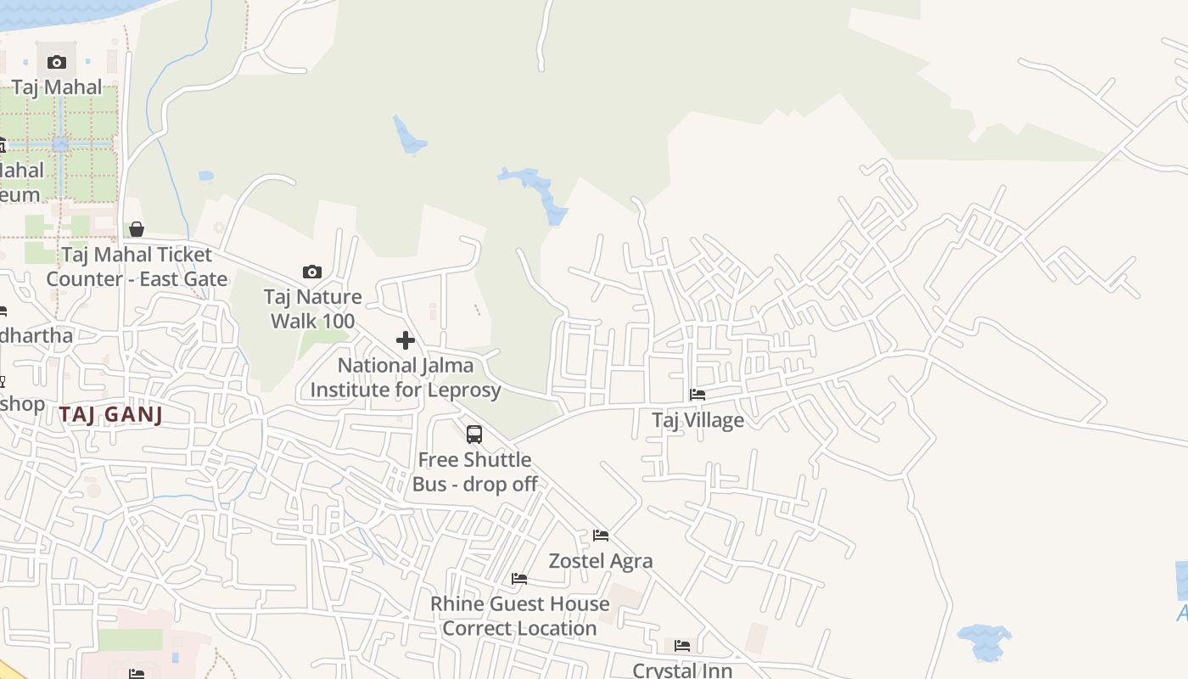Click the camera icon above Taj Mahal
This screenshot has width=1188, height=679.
(x=57, y=62)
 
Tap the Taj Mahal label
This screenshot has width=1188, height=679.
(x=57, y=87)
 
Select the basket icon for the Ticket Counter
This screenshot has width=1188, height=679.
(x=137, y=229)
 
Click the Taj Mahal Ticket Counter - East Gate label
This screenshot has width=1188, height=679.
(x=137, y=267)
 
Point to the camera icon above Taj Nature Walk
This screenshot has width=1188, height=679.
(x=312, y=272)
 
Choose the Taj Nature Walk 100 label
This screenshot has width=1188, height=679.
(x=313, y=309)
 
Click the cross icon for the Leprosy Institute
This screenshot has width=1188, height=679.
(x=406, y=340)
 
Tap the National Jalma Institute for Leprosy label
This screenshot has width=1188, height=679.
(x=406, y=378)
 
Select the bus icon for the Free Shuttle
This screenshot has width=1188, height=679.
(x=474, y=435)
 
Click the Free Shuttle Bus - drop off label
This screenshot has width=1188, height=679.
(x=474, y=472)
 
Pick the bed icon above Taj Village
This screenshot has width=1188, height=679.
(x=698, y=395)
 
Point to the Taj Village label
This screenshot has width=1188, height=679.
(x=698, y=420)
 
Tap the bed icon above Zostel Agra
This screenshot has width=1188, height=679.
(x=601, y=536)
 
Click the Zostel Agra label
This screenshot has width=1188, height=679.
(x=601, y=561)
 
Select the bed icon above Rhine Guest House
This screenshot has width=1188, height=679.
(x=519, y=579)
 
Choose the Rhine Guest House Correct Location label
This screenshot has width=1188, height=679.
(x=519, y=616)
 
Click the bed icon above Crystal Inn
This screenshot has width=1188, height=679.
(x=682, y=646)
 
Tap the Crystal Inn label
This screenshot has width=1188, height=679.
(x=682, y=671)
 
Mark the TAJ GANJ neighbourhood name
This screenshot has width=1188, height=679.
(x=110, y=415)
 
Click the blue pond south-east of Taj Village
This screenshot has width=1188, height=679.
(x=984, y=641)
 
